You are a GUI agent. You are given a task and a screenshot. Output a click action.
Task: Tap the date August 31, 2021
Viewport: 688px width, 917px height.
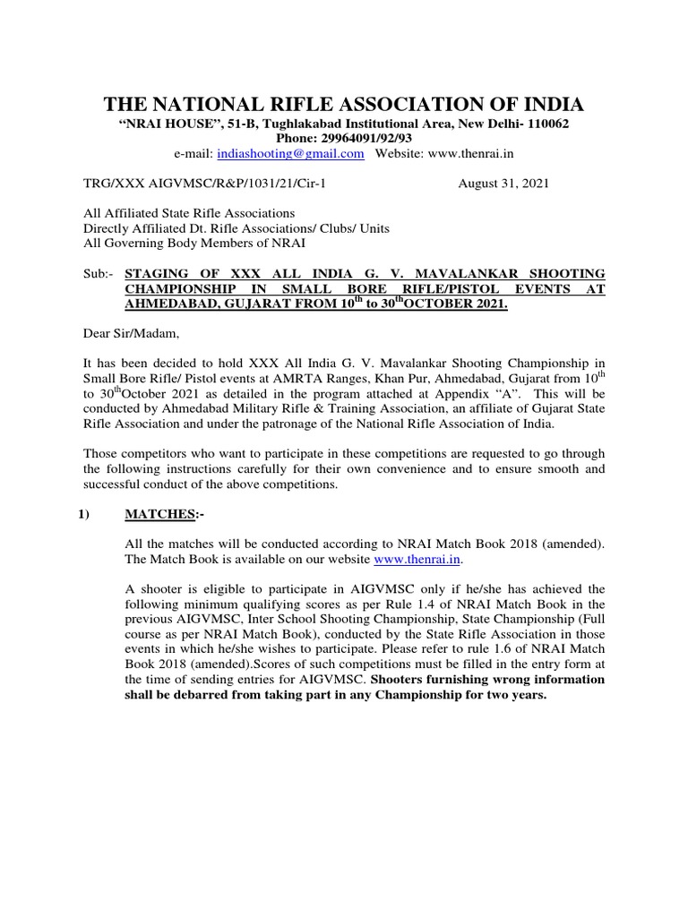[504, 184]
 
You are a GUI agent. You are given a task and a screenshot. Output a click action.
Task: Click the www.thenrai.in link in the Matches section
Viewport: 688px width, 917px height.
[416, 560]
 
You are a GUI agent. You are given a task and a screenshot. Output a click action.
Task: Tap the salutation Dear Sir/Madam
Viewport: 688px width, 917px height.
[125, 333]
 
